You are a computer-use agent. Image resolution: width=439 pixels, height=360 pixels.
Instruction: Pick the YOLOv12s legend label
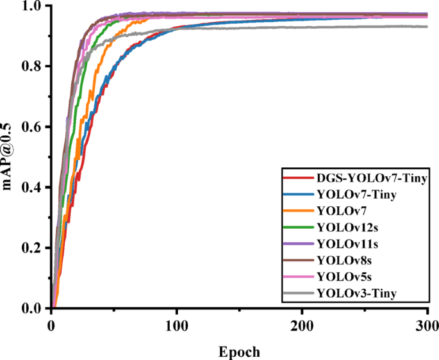click(343, 227)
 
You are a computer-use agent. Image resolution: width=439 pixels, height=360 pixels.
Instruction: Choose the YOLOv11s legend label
click(343, 243)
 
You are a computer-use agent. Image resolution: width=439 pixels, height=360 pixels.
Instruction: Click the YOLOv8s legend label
click(340, 260)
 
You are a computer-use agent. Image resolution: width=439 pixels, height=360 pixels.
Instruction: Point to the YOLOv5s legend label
click(340, 277)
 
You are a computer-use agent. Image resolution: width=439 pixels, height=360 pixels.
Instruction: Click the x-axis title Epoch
click(239, 351)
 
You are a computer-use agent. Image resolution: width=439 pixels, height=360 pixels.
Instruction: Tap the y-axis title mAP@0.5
click(9, 156)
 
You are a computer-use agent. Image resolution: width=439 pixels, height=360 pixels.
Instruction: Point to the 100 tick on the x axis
click(176, 325)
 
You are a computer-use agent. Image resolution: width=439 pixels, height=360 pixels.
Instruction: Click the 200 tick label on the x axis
click(302, 325)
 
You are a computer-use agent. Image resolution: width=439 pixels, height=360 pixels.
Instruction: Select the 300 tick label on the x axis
click(427, 325)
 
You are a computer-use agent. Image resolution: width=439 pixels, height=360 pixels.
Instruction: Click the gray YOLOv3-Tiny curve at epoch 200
click(302, 27)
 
